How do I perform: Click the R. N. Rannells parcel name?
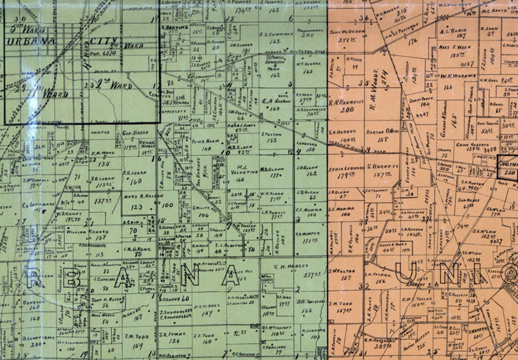[x=346, y=102]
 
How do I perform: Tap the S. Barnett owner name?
[x=383, y=166]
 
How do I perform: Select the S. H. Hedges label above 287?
[x=291, y=266]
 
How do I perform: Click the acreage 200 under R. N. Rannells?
[x=347, y=110]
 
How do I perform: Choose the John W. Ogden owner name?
[x=348, y=32]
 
